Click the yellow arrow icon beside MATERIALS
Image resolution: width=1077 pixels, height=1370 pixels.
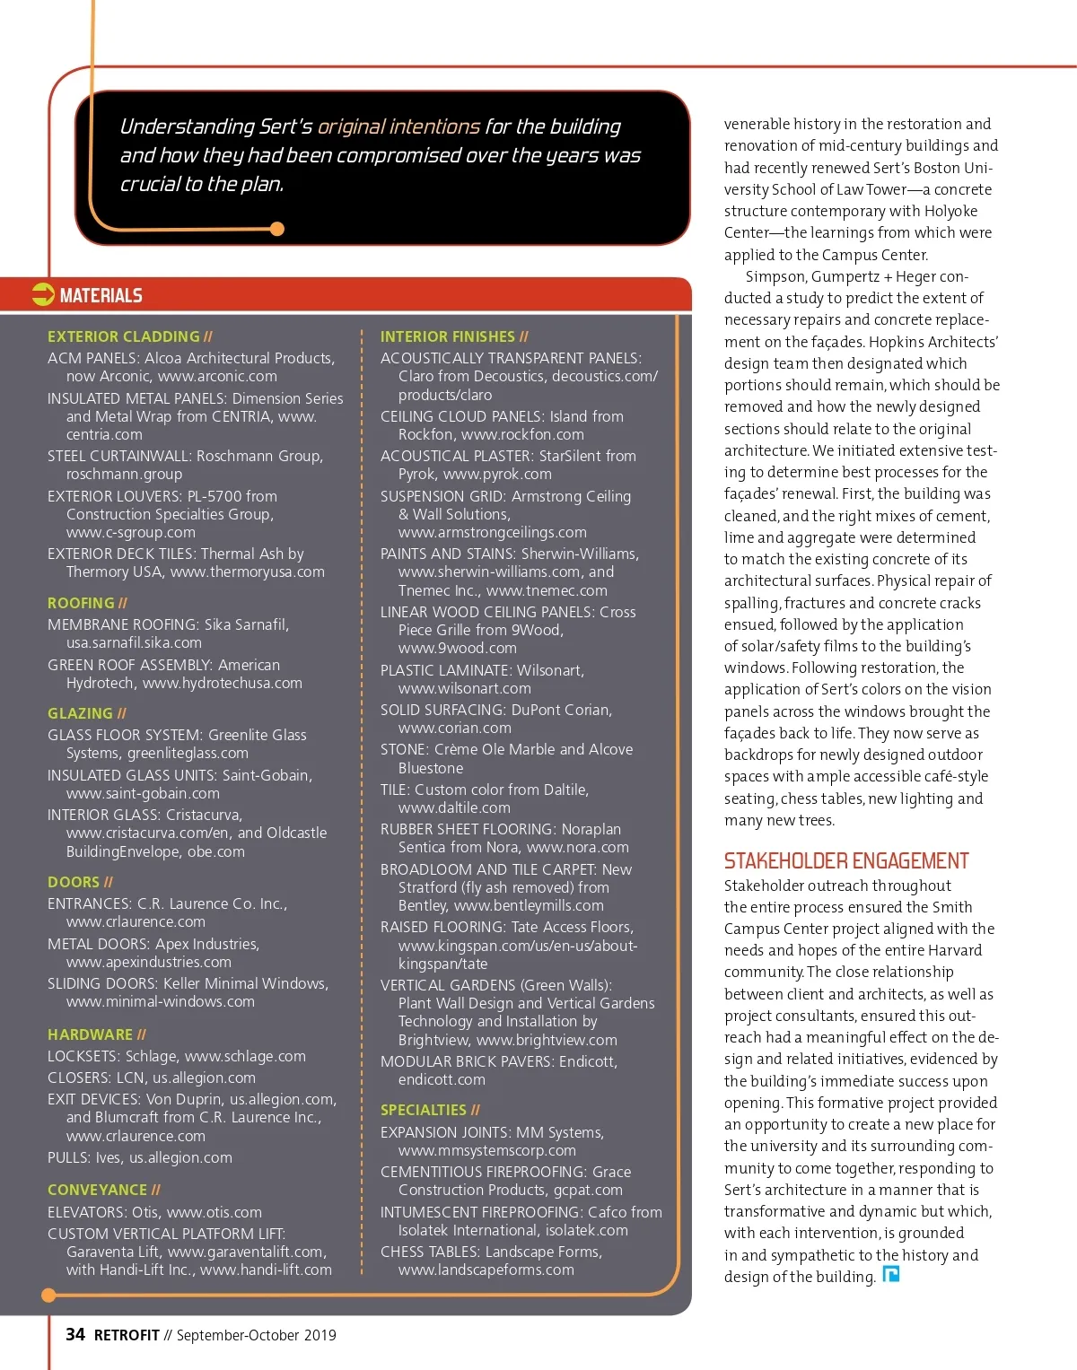coord(43,294)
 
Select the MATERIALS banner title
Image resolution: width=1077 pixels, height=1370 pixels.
coord(101,295)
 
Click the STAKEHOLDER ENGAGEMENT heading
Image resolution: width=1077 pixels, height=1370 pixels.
coord(846,861)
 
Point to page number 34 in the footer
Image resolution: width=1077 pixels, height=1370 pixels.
coord(75,1335)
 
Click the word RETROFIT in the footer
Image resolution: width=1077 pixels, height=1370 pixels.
coord(127,1335)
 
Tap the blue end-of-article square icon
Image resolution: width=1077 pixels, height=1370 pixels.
coord(891,1274)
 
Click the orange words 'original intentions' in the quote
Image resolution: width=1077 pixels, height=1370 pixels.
coord(398,127)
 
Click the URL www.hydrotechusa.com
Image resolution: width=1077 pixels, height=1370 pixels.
coord(223,683)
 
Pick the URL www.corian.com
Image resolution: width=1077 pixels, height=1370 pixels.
coord(454,728)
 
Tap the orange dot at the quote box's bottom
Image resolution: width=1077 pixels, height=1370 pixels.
coord(277,229)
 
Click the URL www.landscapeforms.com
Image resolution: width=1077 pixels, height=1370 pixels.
coord(486,1270)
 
